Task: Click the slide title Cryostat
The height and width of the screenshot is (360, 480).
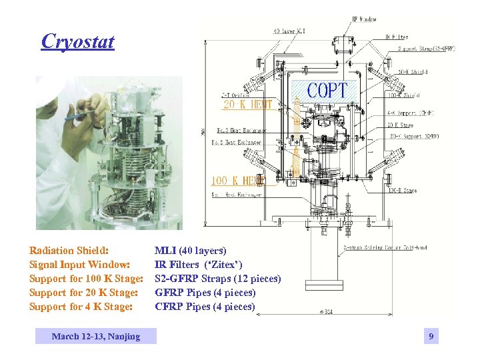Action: (77, 41)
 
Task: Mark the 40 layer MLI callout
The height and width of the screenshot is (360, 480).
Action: (291, 31)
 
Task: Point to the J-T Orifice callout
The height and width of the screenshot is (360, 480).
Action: (235, 95)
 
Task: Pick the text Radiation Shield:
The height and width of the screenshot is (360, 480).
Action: (69, 251)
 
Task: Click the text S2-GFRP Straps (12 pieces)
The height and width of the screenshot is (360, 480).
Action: (217, 279)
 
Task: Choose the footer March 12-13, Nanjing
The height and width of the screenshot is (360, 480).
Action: (96, 336)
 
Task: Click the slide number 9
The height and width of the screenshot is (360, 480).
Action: (431, 337)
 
